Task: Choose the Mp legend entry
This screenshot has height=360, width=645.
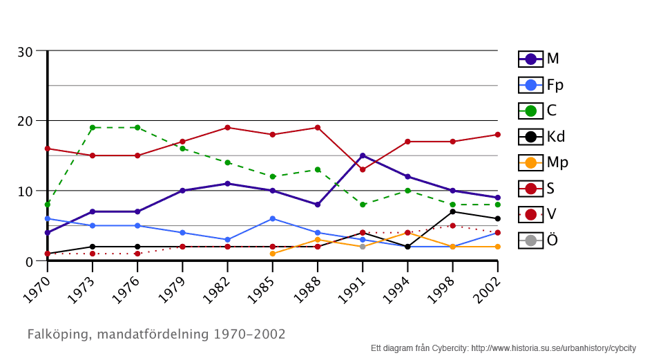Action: pyautogui.click(x=543, y=162)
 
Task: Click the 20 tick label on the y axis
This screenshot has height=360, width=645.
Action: pyautogui.click(x=25, y=121)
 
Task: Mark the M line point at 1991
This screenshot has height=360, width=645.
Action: pyautogui.click(x=363, y=155)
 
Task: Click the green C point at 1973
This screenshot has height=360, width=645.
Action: pyautogui.click(x=93, y=127)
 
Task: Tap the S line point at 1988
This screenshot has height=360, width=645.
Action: pyautogui.click(x=318, y=127)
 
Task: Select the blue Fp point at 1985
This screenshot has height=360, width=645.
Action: pyautogui.click(x=273, y=218)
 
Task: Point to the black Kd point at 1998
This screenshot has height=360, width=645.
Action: pyautogui.click(x=452, y=211)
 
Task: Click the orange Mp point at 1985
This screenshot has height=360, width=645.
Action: pyautogui.click(x=273, y=254)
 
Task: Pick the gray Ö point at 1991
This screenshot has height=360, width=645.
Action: pyautogui.click(x=363, y=247)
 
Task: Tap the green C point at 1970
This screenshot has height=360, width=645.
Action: pyautogui.click(x=47, y=205)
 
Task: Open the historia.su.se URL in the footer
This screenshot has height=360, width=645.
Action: pyautogui.click(x=553, y=348)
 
